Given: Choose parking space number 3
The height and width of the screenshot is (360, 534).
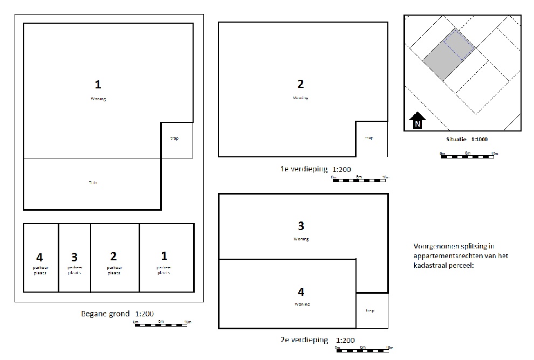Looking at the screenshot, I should point(74,258).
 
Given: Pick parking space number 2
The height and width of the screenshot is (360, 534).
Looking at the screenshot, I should point(114,258).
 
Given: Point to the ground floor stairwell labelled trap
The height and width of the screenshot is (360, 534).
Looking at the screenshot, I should point(175,140).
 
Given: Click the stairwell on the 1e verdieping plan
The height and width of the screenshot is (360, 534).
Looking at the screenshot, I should point(371,139).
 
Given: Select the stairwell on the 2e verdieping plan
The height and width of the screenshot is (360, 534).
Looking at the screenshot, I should point(371,310).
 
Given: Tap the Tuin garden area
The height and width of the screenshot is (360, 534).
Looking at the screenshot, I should point(93,183).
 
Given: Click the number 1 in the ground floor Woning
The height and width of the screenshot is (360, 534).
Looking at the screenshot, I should point(98,84).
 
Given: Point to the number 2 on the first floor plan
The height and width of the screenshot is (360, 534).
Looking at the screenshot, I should point(301,84).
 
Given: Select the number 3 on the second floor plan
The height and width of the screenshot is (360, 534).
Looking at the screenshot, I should point(301,225).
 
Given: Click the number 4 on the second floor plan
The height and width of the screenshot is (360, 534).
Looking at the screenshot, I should point(301,292).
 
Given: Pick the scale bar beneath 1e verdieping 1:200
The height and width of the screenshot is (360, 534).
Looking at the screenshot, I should point(359,179).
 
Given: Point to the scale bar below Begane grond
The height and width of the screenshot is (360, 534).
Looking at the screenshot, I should point(161,324).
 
